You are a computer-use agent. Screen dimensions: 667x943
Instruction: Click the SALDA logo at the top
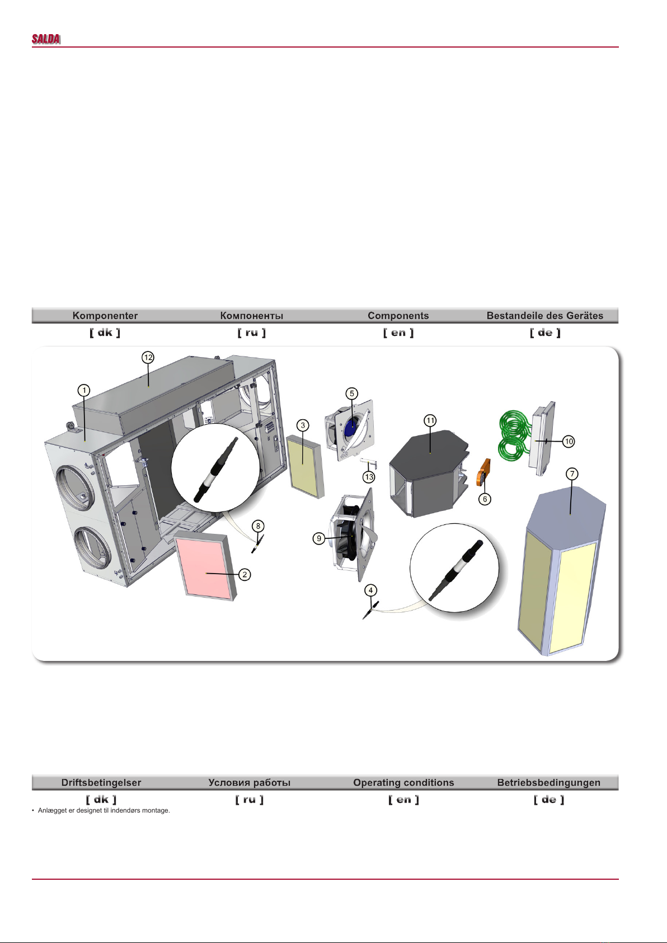pos(46,39)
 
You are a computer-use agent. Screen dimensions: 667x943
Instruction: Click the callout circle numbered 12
pos(148,358)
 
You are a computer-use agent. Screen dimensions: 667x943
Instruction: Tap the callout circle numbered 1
pos(84,390)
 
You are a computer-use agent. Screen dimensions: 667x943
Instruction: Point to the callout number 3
pos(303,425)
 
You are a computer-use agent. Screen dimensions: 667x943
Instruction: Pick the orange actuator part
pos(483,472)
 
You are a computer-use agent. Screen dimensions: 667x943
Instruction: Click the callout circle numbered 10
pos(569,441)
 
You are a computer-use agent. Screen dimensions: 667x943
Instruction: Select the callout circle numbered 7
pos(572,474)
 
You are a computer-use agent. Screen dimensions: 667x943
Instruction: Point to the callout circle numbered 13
pos(369,477)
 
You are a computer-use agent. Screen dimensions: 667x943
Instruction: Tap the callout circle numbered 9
pos(319,538)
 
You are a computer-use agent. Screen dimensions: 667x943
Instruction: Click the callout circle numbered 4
pos(371,590)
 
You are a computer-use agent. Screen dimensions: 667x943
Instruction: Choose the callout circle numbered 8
pos(258,526)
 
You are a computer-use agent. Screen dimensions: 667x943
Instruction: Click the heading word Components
pos(398,316)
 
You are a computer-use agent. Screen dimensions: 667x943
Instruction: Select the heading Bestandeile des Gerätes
pos(545,316)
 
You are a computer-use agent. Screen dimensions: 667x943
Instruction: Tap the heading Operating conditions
pos(403,782)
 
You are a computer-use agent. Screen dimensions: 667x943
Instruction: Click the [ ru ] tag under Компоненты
pos(252,332)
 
